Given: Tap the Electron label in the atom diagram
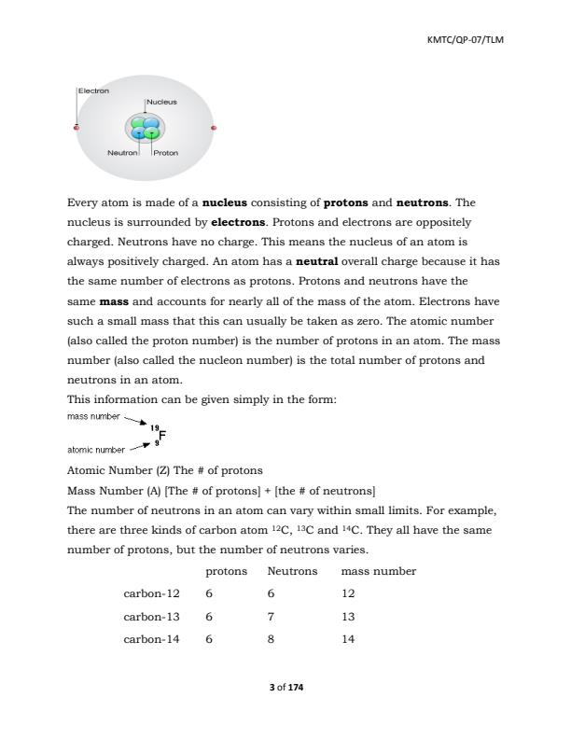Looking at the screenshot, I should [x=93, y=91].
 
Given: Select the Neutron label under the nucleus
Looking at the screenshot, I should [x=121, y=152].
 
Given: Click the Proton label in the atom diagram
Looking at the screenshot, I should [x=167, y=152].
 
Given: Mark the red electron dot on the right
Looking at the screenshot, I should [x=214, y=128].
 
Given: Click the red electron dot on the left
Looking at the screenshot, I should [x=77, y=128].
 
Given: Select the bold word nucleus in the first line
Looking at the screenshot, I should [x=230, y=202].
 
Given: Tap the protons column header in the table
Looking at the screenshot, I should [x=226, y=571].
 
